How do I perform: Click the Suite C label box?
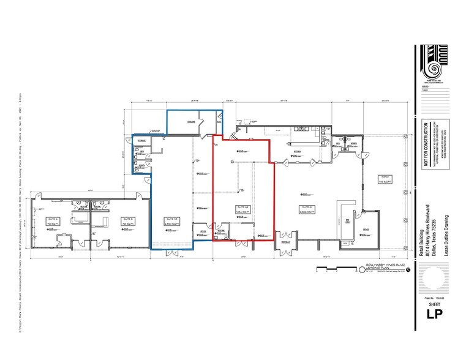[52, 220]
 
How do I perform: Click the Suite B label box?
[127, 220]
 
